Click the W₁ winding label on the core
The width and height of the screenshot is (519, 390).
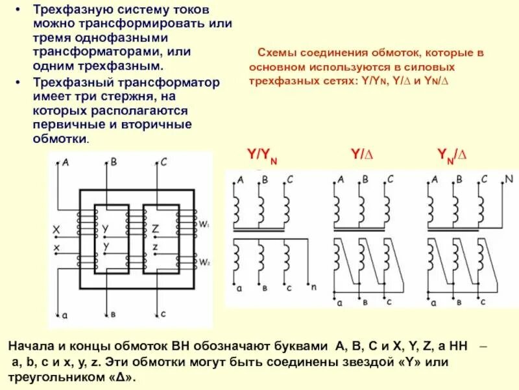point(204,225)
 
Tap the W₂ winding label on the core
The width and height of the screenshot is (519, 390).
point(204,263)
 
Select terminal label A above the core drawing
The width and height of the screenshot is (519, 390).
point(65,162)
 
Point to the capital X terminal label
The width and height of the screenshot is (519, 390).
point(56,229)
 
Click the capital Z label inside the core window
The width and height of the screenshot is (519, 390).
point(155,229)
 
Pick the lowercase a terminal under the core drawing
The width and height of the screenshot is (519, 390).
point(65,316)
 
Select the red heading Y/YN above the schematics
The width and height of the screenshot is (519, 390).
point(261,155)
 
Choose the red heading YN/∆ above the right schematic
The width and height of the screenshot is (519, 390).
point(453,155)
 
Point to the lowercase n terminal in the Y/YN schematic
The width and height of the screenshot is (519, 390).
point(314,287)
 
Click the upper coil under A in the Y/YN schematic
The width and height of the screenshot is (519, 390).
point(237,209)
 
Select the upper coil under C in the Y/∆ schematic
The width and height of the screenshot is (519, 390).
point(387,209)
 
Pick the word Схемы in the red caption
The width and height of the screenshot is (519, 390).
point(274,52)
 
